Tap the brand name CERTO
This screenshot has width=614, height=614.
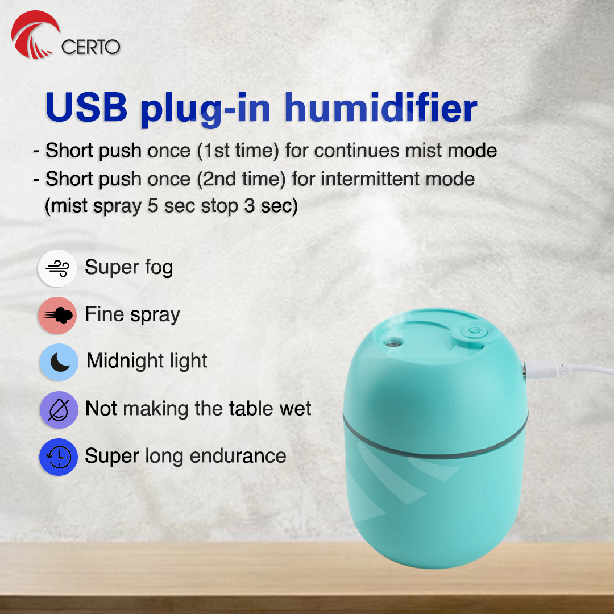[x=90, y=47]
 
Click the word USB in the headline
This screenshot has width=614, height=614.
[x=86, y=107]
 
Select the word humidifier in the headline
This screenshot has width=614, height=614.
[x=380, y=107]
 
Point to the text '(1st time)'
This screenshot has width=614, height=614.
[x=238, y=151]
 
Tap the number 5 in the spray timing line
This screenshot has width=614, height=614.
[x=153, y=206]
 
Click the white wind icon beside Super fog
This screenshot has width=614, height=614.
[x=57, y=268]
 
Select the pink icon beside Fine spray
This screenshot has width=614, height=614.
[x=57, y=315]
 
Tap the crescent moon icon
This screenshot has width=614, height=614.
[x=59, y=362]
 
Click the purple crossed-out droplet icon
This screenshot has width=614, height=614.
[x=59, y=409]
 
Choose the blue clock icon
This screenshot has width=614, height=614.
[x=59, y=457]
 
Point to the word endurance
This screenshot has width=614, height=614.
[x=238, y=456]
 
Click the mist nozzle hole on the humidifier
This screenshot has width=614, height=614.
[x=392, y=343]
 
